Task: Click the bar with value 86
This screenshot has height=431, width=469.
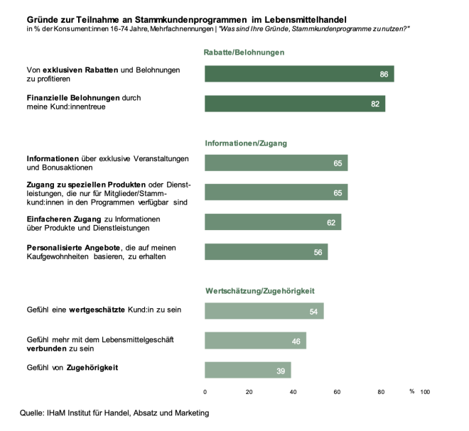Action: pos(298,74)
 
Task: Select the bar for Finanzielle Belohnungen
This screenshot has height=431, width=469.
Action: pos(294,104)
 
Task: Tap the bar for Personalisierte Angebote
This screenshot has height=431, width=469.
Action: pos(266,252)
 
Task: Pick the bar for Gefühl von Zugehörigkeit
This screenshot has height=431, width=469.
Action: pos(247,370)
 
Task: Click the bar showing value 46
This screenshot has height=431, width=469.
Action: pos(255,340)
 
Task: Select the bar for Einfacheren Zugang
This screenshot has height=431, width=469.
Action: pos(272,222)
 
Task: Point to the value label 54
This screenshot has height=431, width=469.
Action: pos(313,311)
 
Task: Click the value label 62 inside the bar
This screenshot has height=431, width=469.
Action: pos(331,222)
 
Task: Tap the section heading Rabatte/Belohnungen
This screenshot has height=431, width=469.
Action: pos(244,53)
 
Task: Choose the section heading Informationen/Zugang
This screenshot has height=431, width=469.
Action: pos(246,143)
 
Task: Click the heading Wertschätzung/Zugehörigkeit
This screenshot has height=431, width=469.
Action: pos(259,291)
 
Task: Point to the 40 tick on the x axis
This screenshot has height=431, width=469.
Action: pos(293,391)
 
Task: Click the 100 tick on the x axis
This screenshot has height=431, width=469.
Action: pos(425,391)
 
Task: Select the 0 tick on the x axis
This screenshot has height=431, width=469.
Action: pos(205,391)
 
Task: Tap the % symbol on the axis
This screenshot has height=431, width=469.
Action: pos(411,391)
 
